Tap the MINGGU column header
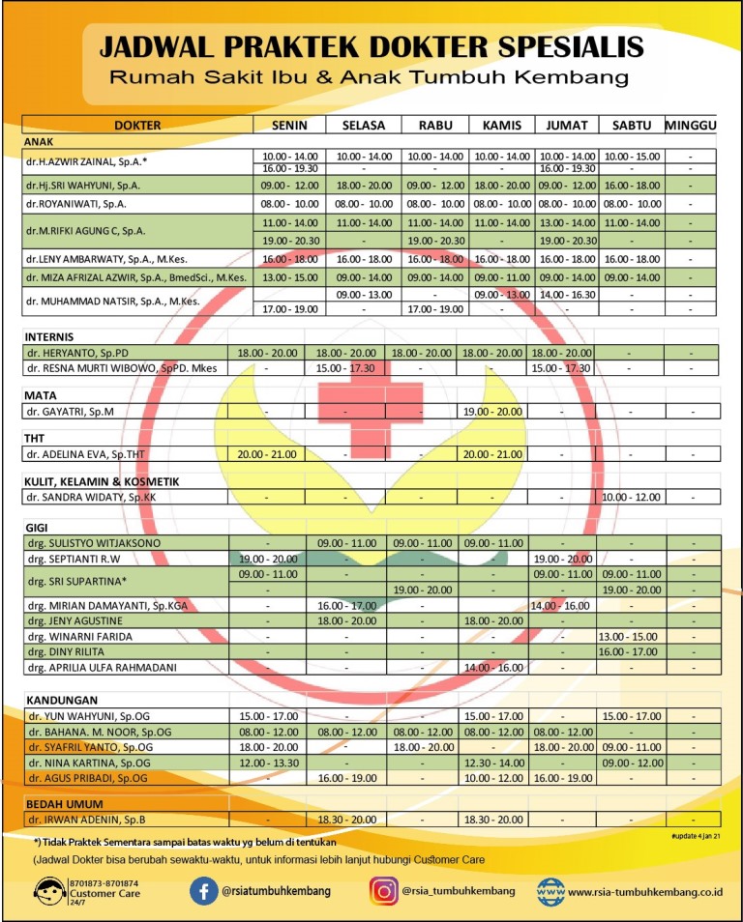[x=690, y=126]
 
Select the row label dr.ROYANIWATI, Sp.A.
[x=76, y=204]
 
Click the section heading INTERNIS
[x=51, y=336]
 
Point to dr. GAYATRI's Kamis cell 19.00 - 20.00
[x=493, y=412]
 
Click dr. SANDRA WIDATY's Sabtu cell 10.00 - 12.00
[x=631, y=497]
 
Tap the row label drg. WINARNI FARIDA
[x=79, y=637]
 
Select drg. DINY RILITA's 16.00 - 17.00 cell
[x=631, y=652]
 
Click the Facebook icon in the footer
[x=203, y=890]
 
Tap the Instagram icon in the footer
[x=383, y=890]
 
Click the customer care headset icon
[x=48, y=890]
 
